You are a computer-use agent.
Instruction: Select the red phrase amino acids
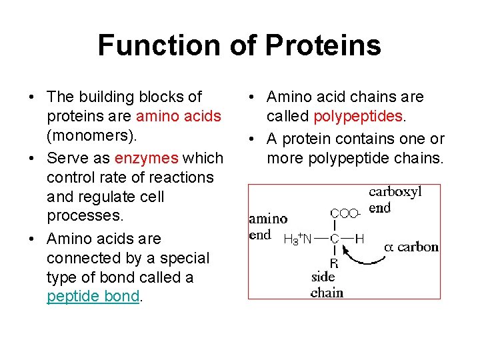click(x=178, y=116)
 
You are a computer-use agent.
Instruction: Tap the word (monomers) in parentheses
click(x=91, y=135)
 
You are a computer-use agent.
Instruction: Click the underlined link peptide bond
click(x=93, y=297)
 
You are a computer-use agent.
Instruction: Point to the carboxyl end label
click(x=395, y=199)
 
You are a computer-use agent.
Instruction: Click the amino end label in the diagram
click(x=268, y=227)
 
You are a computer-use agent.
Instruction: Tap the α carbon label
click(x=411, y=247)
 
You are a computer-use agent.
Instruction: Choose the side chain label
click(x=327, y=285)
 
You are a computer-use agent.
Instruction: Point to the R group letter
click(x=334, y=263)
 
